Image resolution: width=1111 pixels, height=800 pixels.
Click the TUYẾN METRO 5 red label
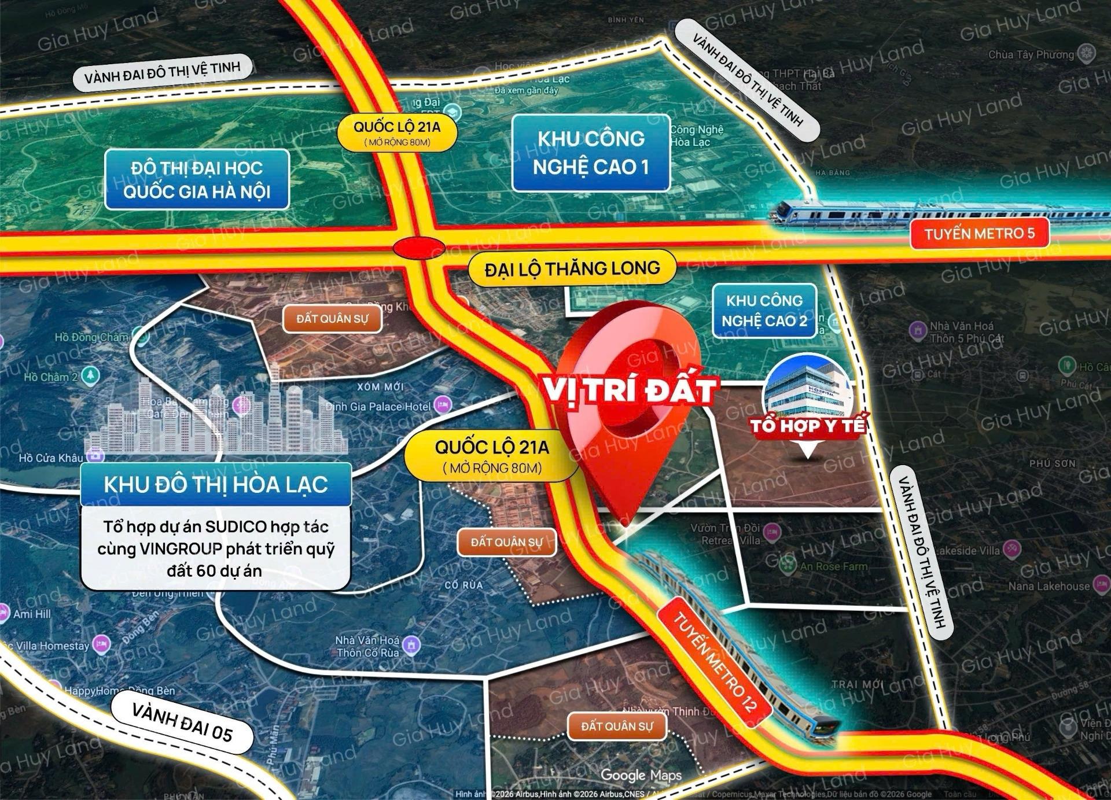pos(979,234)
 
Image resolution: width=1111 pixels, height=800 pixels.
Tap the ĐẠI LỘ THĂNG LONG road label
pos(572,268)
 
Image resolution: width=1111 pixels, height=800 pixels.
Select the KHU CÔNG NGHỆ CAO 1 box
pos(591,153)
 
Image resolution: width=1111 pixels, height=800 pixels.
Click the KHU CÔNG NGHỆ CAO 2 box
pos(764,311)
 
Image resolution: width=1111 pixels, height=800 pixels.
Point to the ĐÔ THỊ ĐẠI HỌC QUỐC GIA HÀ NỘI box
pos(197,179)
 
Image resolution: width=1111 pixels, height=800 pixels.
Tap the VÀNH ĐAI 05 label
pos(182,722)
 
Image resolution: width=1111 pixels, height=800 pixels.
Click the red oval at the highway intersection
pos(419,248)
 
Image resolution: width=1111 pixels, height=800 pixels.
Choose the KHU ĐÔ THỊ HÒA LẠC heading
pos(216,485)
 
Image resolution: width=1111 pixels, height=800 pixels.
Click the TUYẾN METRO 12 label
pos(715,661)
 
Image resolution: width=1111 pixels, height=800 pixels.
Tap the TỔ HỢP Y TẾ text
pos(808,426)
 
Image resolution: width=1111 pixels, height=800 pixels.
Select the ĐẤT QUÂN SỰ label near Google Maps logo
pos(617,726)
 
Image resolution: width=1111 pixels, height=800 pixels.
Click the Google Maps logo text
pos(641,775)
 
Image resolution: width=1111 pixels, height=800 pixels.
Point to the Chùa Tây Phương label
pos(1031,55)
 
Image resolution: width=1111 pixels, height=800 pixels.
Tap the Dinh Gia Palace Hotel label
pos(378,407)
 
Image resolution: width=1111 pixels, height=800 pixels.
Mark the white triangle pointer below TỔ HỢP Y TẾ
pos(807,449)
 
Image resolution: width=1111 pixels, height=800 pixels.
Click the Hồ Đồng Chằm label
pos(91,337)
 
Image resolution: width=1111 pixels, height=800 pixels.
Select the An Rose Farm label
pos(833,566)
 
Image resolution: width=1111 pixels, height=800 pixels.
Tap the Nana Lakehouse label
pos(1049,586)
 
